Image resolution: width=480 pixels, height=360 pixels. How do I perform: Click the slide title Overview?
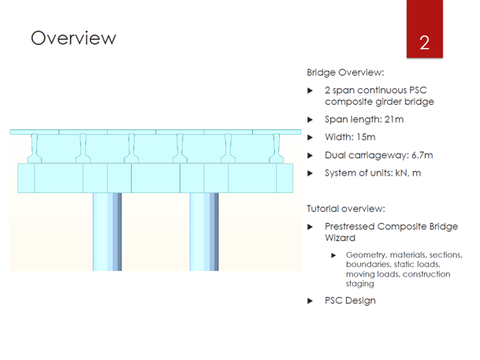point(73,38)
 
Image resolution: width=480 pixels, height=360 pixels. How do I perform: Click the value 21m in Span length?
point(393,120)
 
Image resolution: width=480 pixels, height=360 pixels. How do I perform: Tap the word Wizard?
point(340,236)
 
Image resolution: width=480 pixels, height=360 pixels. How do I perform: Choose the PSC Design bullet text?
point(350,300)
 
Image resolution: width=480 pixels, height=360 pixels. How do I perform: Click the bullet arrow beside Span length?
point(311,120)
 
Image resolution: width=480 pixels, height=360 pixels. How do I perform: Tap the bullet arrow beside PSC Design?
point(311,300)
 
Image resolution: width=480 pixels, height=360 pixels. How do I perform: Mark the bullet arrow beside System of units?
point(311,173)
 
